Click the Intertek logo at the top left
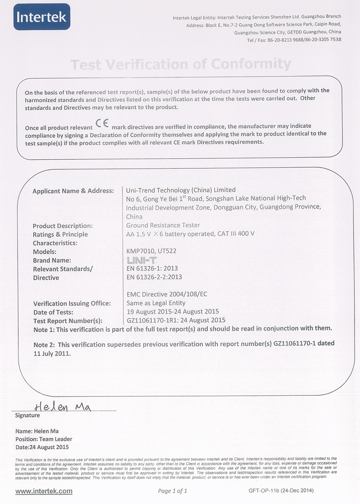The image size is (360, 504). point(42,17)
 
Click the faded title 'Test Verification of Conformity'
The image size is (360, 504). point(181,64)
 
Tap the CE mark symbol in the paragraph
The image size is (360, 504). point(102,127)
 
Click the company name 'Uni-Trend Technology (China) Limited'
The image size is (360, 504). point(181,190)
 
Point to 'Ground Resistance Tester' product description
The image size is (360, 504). point(163,225)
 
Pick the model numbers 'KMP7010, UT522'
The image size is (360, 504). point(151,251)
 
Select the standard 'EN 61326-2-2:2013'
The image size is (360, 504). point(154,277)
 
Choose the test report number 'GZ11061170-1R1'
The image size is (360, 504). point(155,320)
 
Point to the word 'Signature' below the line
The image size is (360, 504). point(28,416)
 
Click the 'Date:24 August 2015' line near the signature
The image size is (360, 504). point(42,447)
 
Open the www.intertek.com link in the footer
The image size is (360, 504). point(44,491)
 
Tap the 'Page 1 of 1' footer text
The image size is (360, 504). point(172,491)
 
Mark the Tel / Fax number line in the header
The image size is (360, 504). point(294,39)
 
